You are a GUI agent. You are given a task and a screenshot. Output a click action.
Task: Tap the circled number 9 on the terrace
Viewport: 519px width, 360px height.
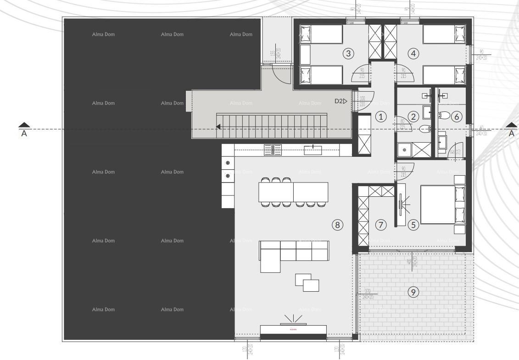point(413,292)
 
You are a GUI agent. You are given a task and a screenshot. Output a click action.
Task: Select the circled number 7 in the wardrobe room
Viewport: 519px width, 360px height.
point(381,225)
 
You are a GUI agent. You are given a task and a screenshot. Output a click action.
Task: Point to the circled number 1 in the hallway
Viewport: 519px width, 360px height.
point(381,117)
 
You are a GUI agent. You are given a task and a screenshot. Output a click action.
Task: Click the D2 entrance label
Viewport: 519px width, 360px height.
point(341,101)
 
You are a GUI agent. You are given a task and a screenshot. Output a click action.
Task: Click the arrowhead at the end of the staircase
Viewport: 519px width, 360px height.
point(219,127)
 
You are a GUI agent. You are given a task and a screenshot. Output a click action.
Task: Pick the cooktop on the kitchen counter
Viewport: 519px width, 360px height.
point(273,150)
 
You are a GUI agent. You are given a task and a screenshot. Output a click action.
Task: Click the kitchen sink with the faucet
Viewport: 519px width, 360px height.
point(313,150)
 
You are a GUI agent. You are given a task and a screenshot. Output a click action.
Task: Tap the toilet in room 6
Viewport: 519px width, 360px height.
point(444,115)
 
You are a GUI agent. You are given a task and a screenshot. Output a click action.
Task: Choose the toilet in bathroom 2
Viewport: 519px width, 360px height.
point(424,129)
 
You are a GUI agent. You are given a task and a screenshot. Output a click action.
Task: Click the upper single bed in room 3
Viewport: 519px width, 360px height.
point(321,34)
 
